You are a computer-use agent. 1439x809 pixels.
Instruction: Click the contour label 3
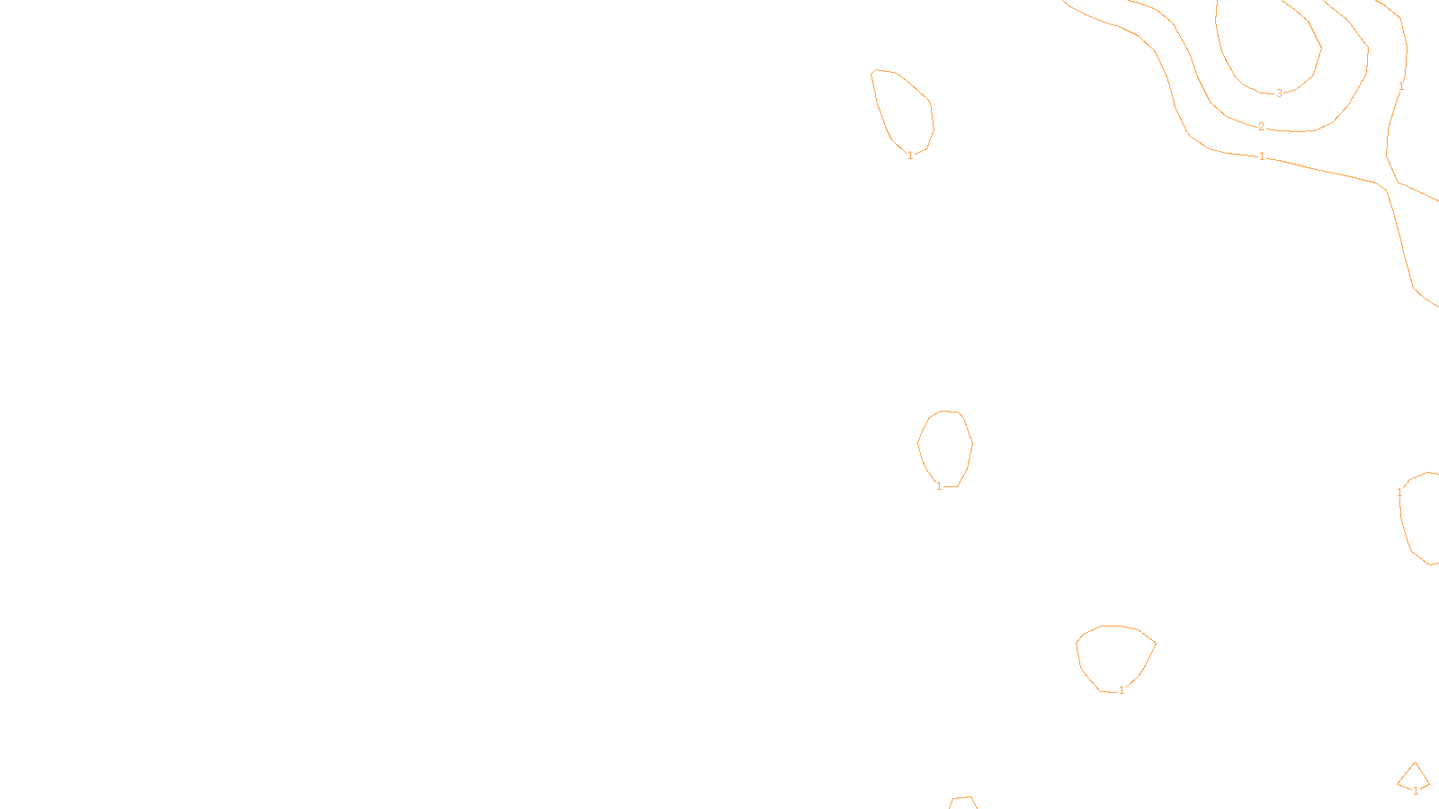click(x=1280, y=93)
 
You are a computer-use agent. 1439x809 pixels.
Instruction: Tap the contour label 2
click(x=1261, y=127)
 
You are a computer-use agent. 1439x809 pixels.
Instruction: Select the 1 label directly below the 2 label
click(x=1262, y=156)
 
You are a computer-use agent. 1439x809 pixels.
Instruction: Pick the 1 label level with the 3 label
click(x=1400, y=87)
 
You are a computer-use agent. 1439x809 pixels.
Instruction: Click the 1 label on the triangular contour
click(x=1416, y=791)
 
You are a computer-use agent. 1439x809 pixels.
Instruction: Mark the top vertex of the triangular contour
click(x=1415, y=763)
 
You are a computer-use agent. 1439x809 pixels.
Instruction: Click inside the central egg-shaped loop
click(x=945, y=447)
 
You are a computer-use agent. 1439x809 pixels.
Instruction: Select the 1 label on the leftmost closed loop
click(x=910, y=156)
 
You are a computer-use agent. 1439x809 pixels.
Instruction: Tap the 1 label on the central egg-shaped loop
click(x=940, y=486)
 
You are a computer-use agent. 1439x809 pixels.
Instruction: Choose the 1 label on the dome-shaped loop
click(x=1122, y=690)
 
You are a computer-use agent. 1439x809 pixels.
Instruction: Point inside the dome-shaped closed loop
click(x=1114, y=656)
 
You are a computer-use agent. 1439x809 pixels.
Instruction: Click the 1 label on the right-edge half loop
click(x=1399, y=493)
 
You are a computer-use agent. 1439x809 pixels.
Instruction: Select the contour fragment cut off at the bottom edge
click(x=962, y=801)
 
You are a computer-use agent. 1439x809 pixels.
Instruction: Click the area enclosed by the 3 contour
click(x=1268, y=45)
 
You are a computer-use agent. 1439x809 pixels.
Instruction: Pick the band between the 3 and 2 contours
click(x=1205, y=54)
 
